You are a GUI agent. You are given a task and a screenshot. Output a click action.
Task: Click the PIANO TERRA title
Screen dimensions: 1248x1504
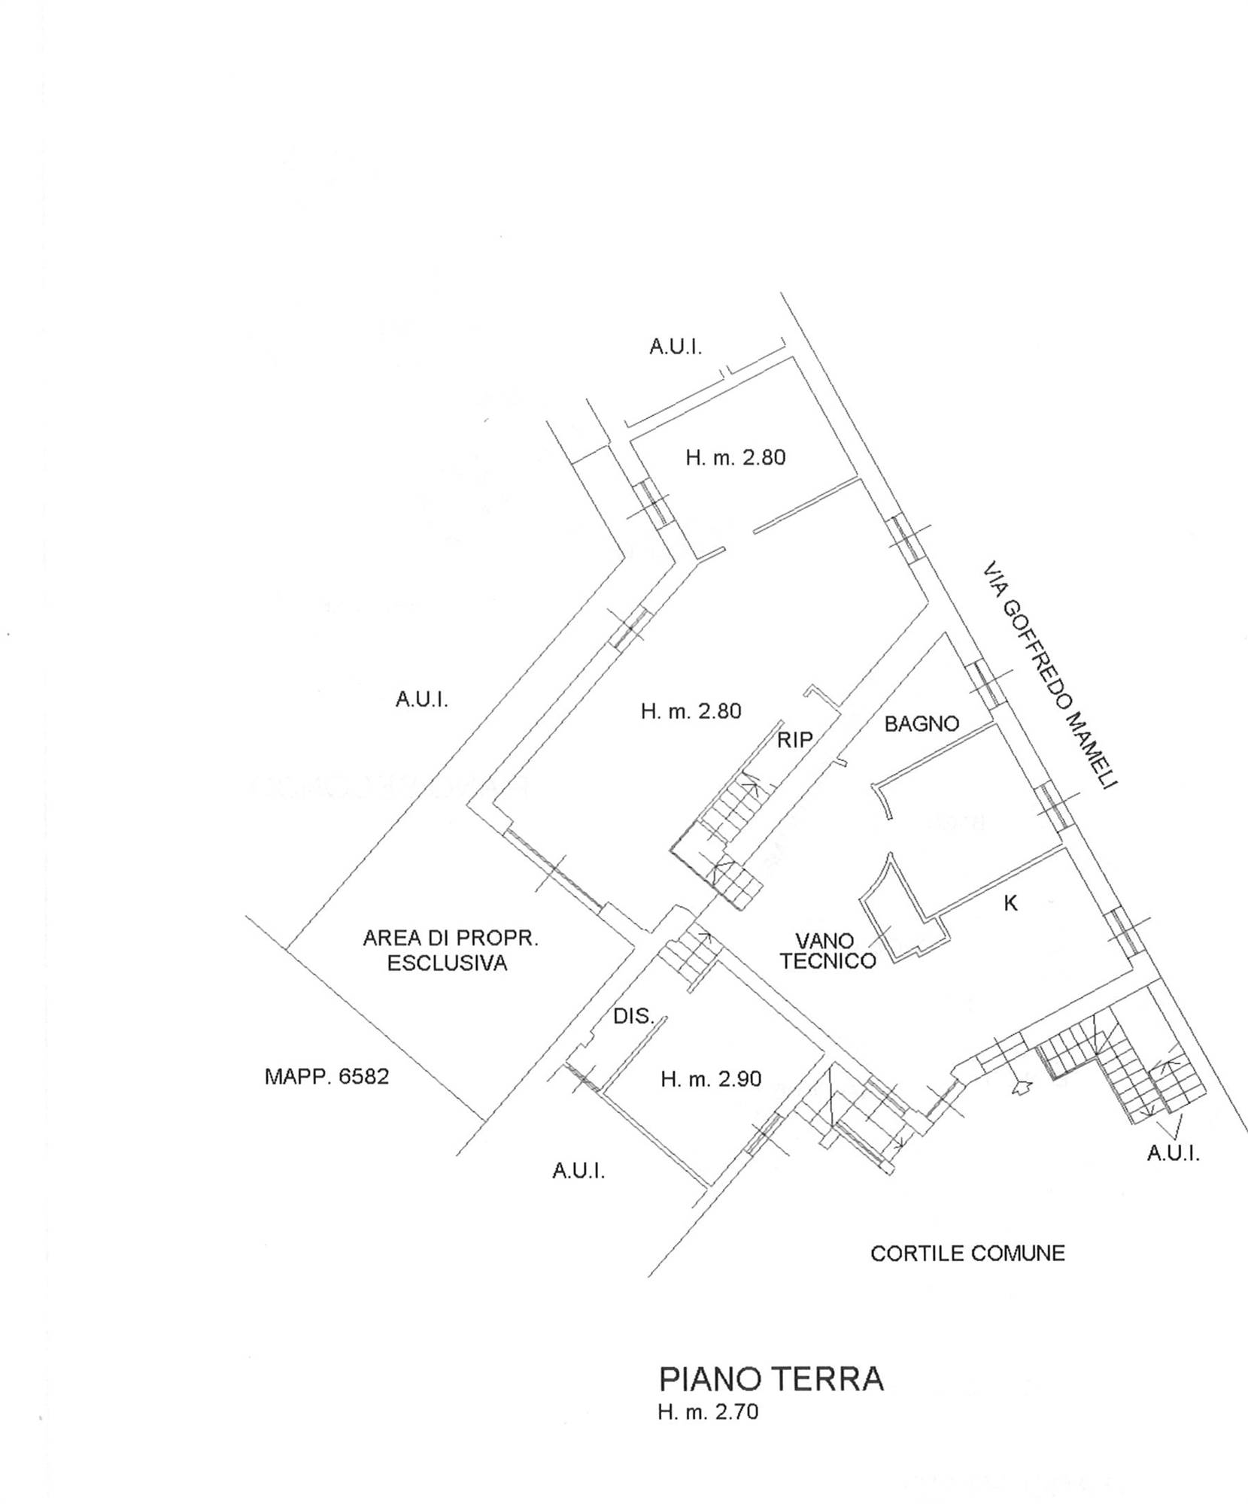pos(771,1380)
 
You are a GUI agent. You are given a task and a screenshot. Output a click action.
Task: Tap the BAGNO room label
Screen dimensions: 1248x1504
pos(922,724)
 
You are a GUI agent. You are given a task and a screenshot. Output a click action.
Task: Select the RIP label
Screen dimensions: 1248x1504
pos(795,740)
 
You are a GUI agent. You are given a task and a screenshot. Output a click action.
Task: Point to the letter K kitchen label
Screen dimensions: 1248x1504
pos(1011,903)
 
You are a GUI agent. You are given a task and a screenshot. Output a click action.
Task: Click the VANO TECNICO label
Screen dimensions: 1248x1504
pos(827,951)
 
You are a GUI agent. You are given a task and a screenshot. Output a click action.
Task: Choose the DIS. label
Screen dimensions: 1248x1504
pos(633,1017)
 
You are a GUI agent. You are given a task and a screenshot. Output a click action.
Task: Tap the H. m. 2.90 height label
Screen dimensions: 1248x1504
pos(711,1080)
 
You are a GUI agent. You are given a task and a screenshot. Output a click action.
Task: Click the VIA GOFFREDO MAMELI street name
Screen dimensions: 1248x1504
pos(1050,675)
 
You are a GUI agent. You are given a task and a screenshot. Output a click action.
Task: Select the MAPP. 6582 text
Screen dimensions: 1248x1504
pos(326,1076)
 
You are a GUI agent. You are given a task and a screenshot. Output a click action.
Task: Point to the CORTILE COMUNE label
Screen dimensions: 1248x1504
pos(967,1254)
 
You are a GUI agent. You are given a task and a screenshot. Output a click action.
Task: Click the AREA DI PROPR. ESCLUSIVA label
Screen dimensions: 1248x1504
pos(450,951)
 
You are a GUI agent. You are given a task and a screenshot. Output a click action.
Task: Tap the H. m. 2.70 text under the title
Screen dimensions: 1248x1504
pos(708,1412)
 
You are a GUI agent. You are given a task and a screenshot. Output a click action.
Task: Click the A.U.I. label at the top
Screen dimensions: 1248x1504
pos(676,347)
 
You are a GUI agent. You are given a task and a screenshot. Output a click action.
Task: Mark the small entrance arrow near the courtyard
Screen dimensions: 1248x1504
pos(1022,1087)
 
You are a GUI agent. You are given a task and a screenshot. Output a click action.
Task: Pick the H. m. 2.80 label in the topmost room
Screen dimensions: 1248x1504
pos(735,457)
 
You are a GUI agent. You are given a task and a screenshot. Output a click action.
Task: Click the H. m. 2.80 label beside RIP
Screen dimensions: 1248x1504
pos(691,711)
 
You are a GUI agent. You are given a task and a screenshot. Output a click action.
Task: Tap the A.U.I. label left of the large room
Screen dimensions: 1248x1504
pos(421,700)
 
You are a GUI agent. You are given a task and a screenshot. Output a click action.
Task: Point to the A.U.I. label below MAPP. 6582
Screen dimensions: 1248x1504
pos(578,1171)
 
